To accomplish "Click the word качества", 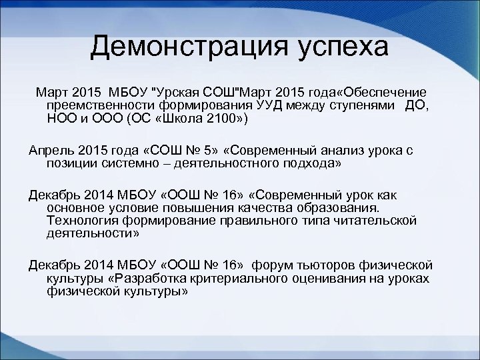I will coord(269,207).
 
